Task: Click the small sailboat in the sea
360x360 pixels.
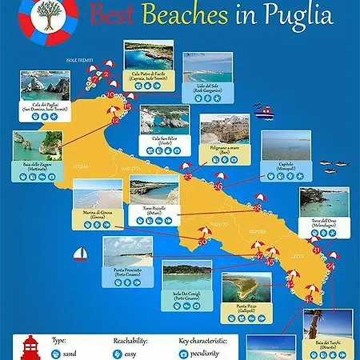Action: point(80,255)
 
